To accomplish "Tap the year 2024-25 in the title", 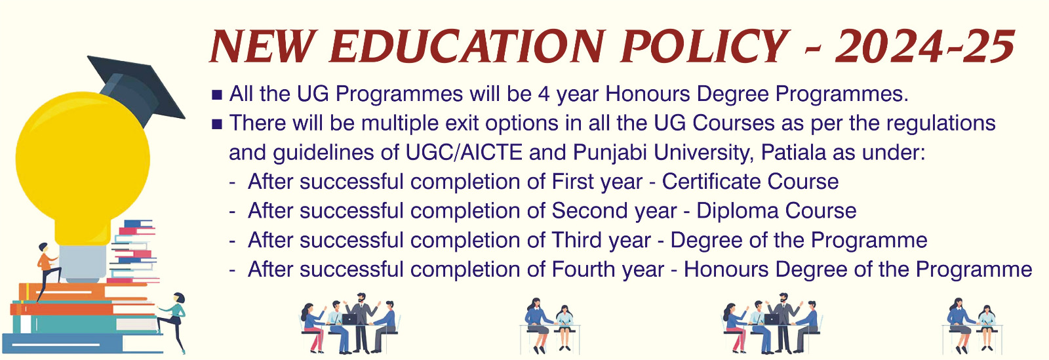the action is (925, 47).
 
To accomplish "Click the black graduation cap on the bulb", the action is (136, 89).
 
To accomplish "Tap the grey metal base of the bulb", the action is (83, 263).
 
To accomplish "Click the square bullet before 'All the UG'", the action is (217, 96).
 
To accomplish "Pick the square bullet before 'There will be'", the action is (217, 125).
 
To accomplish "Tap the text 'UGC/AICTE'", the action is (464, 153).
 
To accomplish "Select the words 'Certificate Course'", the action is (750, 182).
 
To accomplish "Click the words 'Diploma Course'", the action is (776, 210).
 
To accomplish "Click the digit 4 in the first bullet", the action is (544, 94).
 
